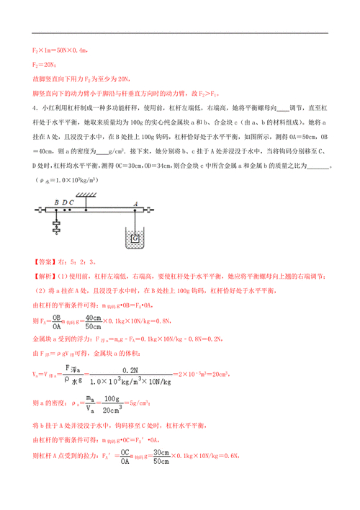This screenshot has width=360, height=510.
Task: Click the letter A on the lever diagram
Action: [x=135, y=204]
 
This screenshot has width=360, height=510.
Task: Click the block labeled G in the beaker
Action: [x=135, y=237]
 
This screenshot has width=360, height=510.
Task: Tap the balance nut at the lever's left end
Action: [x=40, y=210]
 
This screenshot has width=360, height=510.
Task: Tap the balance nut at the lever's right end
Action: [x=149, y=210]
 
